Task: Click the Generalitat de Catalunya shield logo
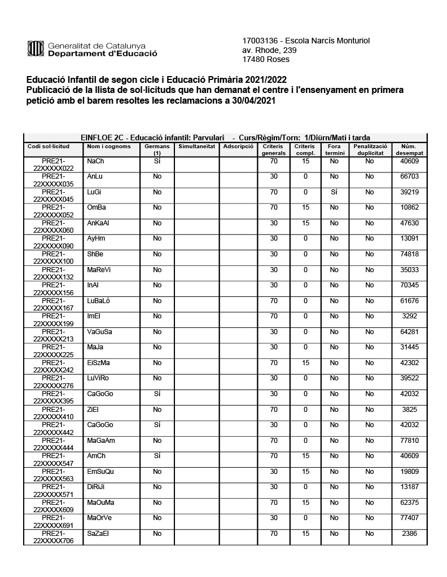point(36,49)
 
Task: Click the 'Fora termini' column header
point(334,149)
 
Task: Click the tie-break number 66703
point(408,177)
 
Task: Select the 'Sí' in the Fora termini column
point(334,192)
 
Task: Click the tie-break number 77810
point(408,440)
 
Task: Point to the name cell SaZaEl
point(98,533)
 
